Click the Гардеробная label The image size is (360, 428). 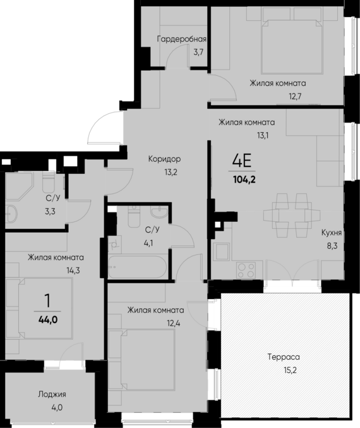pyautogui.click(x=182, y=39)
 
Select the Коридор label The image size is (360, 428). pyautogui.click(x=165, y=159)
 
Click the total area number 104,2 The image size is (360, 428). pyautogui.click(x=243, y=179)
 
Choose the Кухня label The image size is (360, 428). pyautogui.click(x=332, y=233)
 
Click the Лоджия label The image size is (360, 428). pyautogui.click(x=52, y=394)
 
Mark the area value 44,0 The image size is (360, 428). pyautogui.click(x=48, y=319)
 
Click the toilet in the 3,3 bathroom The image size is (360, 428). pyautogui.click(x=49, y=183)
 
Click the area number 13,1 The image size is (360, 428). pyautogui.click(x=244, y=135)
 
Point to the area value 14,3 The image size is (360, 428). pyautogui.click(x=56, y=271)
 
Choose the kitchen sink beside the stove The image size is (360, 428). pyautogui.click(x=222, y=252)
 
